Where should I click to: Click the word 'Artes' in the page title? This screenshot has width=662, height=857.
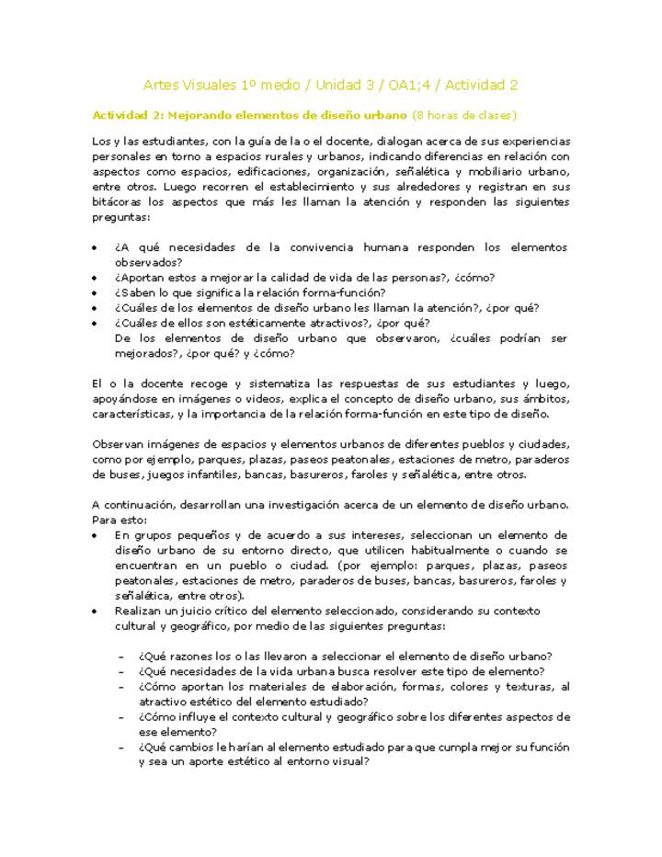162,85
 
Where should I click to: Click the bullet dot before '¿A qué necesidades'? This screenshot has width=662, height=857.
97,248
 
